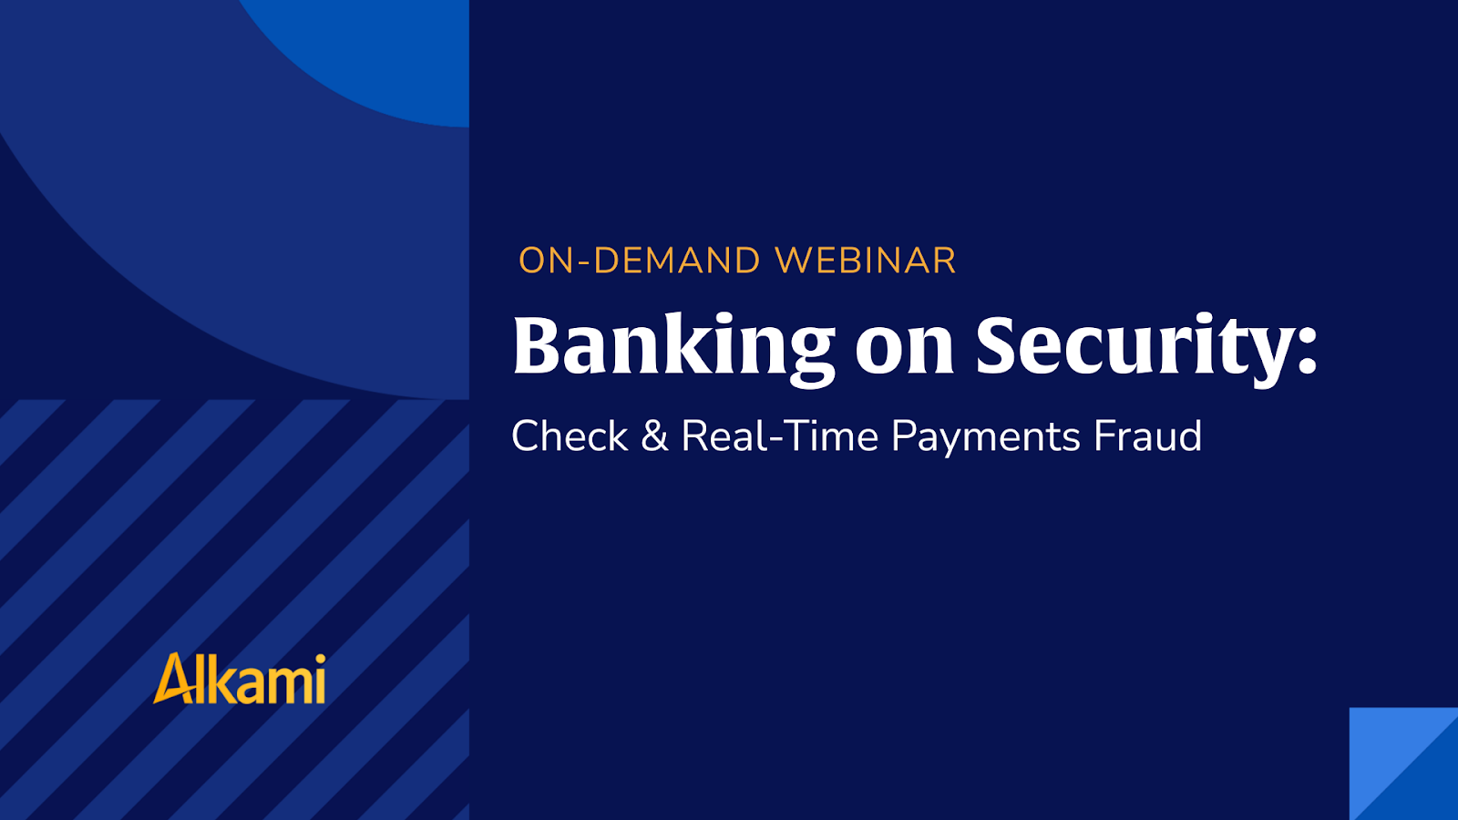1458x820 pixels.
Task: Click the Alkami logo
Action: pyautogui.click(x=240, y=679)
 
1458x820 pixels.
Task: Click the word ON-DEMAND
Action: pyautogui.click(x=639, y=261)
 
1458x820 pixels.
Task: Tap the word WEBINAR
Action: pyautogui.click(x=865, y=261)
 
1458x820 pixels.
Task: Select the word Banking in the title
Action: pyautogui.click(x=673, y=346)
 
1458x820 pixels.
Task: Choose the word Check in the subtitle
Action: pyautogui.click(x=570, y=436)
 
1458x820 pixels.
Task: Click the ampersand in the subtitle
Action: pyautogui.click(x=654, y=436)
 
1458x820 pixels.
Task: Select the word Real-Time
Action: pyautogui.click(x=779, y=436)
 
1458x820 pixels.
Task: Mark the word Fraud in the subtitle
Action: pyautogui.click(x=1147, y=436)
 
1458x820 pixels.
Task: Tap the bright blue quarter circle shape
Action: pyautogui.click(x=383, y=55)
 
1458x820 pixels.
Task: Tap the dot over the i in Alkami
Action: pyautogui.click(x=318, y=658)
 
